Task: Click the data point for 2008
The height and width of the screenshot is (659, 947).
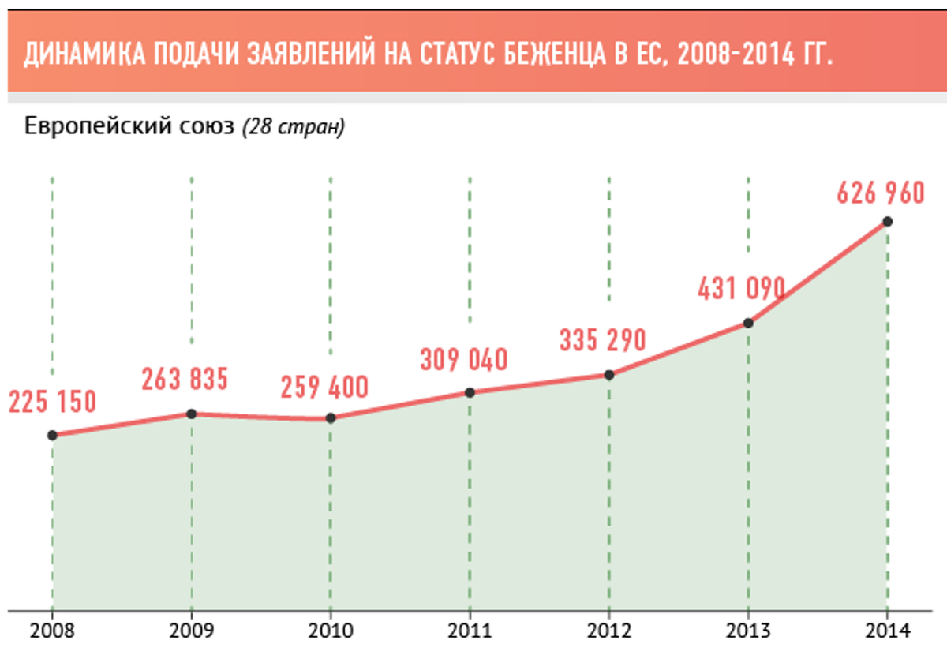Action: [x=52, y=435]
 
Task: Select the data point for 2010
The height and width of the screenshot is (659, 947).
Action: [x=331, y=417]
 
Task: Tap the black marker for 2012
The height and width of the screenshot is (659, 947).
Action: [x=609, y=375]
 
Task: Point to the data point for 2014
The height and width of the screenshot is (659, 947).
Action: [x=887, y=222]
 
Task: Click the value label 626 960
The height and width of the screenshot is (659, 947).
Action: [x=880, y=193]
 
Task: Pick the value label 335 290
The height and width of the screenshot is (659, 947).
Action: [x=602, y=341]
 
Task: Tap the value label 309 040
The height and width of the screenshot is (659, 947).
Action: [x=463, y=360]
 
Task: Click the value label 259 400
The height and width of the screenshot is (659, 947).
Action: [x=324, y=388]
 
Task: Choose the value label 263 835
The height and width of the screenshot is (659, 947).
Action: [x=185, y=380]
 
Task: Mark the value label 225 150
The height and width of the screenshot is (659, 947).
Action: [x=52, y=402]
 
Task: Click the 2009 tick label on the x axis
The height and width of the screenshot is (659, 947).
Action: [x=192, y=631]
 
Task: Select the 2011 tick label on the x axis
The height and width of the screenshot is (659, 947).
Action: [x=470, y=631]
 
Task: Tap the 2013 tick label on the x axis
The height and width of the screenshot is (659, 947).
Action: [x=748, y=631]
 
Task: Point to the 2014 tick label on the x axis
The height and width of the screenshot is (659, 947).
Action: [x=887, y=631]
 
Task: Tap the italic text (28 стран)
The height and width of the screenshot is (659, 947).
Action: [x=293, y=127]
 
